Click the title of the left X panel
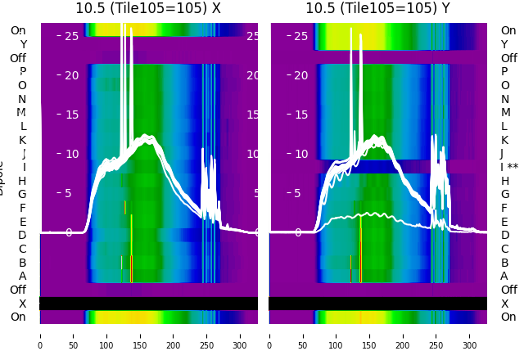tap(148, 9)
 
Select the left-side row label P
tap(22, 72)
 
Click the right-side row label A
tap(504, 277)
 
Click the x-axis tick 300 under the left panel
tap(241, 345)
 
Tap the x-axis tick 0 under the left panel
tap(40, 345)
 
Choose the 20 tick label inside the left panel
tap(71, 75)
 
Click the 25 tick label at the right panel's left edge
tap(301, 36)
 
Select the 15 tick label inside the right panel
tap(301, 115)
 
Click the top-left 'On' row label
tap(18, 31)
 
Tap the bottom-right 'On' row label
tap(508, 317)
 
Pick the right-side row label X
tap(504, 304)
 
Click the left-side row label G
tap(22, 195)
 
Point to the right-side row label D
tap(505, 236)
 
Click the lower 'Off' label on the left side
tap(18, 290)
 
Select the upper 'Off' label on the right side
tap(508, 58)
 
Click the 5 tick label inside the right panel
tap(305, 194)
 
